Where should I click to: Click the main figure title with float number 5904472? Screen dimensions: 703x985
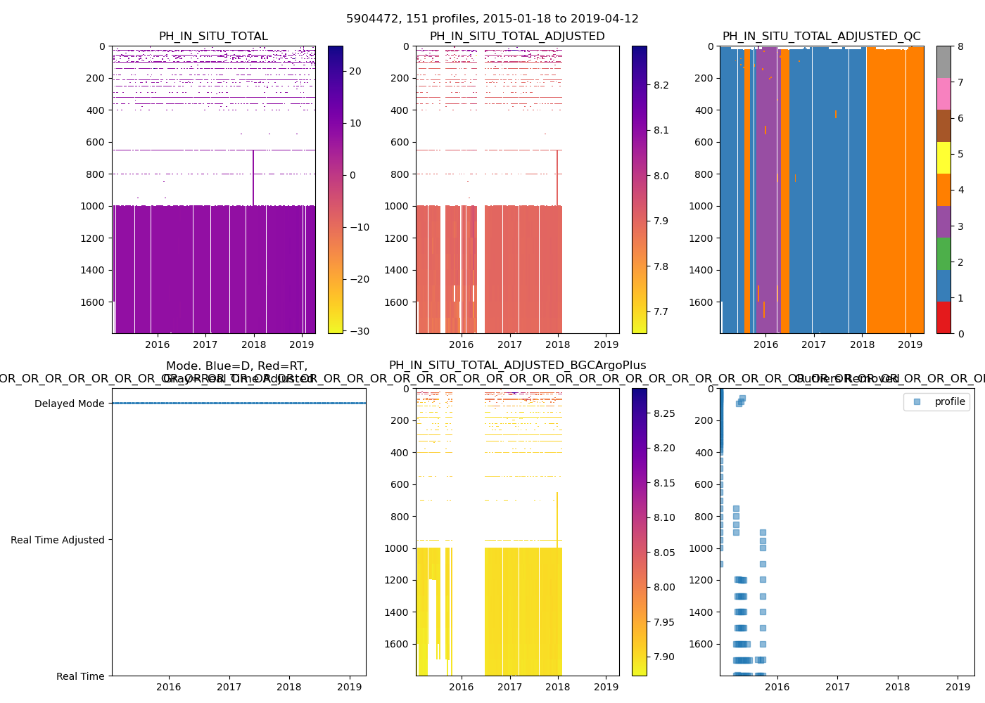(x=493, y=19)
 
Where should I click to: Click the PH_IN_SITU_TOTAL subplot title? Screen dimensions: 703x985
(x=213, y=37)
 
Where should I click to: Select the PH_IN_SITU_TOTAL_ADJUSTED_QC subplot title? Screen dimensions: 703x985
(x=821, y=37)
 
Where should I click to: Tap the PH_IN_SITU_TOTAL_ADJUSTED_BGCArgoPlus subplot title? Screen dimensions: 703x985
(x=517, y=366)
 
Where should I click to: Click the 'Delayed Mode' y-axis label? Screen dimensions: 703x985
(x=69, y=404)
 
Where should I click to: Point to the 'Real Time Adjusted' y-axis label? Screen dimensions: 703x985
(x=57, y=540)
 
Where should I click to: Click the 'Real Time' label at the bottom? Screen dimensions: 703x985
(x=80, y=676)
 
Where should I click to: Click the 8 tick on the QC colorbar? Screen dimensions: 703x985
(x=960, y=46)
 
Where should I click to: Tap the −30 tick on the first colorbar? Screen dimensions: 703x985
(x=358, y=331)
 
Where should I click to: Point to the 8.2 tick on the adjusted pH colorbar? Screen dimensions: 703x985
(x=661, y=85)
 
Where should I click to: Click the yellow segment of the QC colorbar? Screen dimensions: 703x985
(x=943, y=157)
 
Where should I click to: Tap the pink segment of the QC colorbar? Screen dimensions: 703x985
(x=943, y=93)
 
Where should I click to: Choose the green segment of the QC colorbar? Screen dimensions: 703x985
(x=943, y=253)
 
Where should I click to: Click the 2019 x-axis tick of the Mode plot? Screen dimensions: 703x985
(x=350, y=687)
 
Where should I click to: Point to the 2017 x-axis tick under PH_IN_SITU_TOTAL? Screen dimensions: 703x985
(x=205, y=344)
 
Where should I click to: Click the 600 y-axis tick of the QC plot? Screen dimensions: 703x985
(x=704, y=142)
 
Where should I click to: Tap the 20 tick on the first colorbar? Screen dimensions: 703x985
(x=355, y=71)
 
